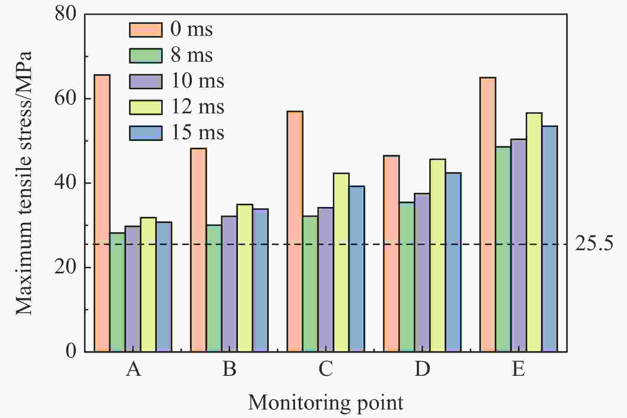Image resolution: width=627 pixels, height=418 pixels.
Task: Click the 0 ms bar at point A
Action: point(102,213)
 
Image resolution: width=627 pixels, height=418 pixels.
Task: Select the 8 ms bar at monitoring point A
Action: point(117,292)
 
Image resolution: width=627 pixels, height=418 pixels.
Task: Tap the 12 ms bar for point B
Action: point(245,277)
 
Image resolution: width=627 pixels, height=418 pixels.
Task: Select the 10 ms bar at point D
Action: point(422,272)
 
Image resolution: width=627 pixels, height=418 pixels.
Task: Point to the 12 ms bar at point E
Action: point(534,232)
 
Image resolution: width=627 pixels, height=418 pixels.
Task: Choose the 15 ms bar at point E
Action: point(549,238)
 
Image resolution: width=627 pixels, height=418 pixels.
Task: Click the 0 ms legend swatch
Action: point(146,30)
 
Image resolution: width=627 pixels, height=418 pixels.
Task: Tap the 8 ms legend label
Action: point(192,55)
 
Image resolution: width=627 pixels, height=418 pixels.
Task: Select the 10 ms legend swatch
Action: point(146,81)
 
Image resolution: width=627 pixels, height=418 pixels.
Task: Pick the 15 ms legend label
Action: point(197,132)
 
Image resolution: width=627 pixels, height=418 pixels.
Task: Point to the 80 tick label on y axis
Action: point(65,14)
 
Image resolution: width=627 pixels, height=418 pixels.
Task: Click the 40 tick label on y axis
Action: point(65,183)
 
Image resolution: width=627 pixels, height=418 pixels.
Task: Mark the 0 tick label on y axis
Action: point(71,351)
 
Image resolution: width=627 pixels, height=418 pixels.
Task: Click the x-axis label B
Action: point(229,369)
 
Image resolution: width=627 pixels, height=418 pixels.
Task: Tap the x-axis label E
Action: point(518,369)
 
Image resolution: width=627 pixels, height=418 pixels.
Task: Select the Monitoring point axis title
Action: point(326,403)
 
